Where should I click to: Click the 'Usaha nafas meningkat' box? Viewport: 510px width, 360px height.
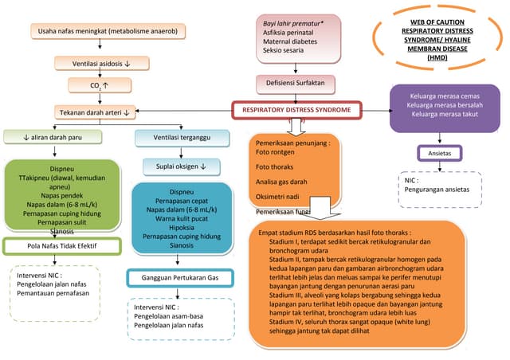pyautogui.click(x=108, y=32)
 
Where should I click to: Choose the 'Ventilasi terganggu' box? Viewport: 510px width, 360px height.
pyautogui.click(x=176, y=138)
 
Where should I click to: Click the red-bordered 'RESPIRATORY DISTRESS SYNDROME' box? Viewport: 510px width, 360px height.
pyautogui.click(x=297, y=109)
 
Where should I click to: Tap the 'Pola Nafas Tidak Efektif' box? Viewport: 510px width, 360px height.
pyautogui.click(x=51, y=247)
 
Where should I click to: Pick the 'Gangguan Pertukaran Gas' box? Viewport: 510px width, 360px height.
pyautogui.click(x=180, y=278)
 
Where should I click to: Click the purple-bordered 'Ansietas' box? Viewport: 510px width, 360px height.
pyautogui.click(x=441, y=152)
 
